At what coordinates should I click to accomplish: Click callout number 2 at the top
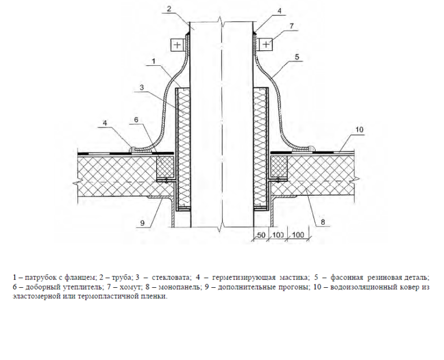[169, 9]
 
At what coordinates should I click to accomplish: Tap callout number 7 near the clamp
[291, 26]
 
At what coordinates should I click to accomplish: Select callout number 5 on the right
[297, 57]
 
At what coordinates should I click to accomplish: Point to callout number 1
[153, 61]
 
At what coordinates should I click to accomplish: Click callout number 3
[142, 87]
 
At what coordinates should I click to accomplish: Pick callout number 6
[136, 120]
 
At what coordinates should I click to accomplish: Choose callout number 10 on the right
[360, 129]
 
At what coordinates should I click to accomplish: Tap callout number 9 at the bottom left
[142, 223]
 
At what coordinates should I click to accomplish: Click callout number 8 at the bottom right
[323, 222]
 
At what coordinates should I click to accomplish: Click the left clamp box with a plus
[177, 44]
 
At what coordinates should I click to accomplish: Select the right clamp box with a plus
[266, 44]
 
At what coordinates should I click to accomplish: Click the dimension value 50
[261, 235]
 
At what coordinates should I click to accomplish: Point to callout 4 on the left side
[105, 123]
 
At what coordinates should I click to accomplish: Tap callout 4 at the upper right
[279, 11]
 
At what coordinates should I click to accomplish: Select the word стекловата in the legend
[172, 277]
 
